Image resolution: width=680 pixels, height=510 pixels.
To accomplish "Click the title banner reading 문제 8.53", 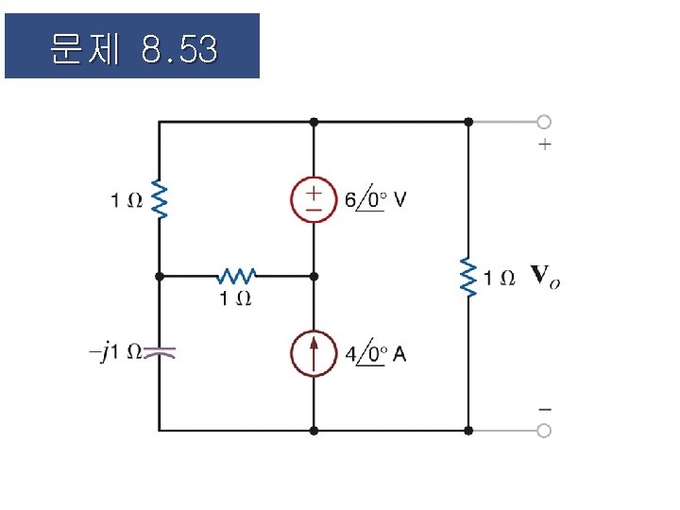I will [x=132, y=46].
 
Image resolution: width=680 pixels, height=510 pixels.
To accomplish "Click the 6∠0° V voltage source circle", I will [x=314, y=199].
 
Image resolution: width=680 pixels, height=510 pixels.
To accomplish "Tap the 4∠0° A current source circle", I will [x=314, y=354].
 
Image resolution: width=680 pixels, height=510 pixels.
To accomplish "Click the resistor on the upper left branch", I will [x=160, y=199].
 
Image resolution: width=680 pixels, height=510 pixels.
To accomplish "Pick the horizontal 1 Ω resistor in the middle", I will [x=236, y=276].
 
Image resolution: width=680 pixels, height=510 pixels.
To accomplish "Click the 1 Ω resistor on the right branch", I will [x=468, y=277].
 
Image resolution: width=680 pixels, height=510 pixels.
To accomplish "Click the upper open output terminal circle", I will [x=544, y=122].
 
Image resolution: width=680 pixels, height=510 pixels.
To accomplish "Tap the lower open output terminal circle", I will [x=544, y=431].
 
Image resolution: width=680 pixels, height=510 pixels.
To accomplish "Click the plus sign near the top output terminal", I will [x=544, y=145].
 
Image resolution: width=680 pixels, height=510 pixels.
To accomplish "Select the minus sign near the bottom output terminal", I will [x=544, y=409].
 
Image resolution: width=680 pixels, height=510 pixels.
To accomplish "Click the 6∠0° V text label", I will [x=376, y=199].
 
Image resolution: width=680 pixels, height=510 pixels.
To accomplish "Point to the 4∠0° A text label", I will [x=376, y=355].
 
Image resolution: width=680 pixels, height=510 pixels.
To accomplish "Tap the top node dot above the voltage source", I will [x=314, y=122].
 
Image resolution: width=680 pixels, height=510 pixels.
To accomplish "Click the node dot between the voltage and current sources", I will [x=314, y=276].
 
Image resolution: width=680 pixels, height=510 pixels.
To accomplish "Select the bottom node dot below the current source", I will [x=314, y=431].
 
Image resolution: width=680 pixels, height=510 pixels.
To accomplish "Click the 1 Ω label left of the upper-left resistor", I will [x=125, y=199].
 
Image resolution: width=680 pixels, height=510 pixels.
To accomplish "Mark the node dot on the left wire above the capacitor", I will [x=160, y=276].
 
